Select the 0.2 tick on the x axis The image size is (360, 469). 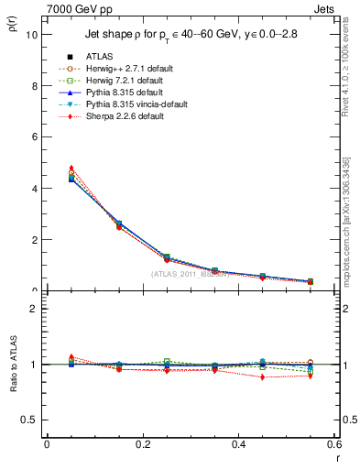143,445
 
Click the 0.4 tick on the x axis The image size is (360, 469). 239,445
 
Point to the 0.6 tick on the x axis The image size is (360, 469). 333,445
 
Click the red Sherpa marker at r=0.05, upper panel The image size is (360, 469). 71,168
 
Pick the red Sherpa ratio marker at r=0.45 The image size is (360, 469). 263,376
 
